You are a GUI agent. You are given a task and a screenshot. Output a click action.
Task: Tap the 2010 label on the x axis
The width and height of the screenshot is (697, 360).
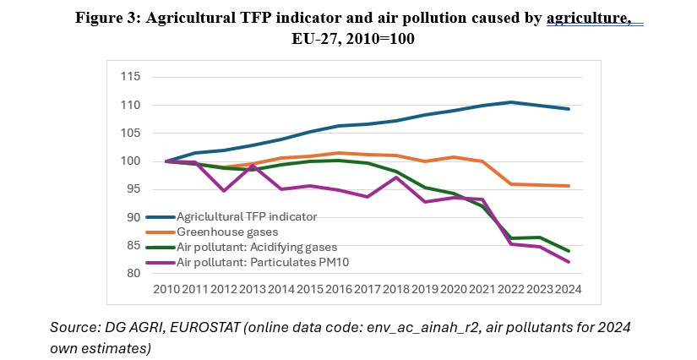165,289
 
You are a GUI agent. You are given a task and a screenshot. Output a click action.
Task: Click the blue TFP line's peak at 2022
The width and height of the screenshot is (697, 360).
509,102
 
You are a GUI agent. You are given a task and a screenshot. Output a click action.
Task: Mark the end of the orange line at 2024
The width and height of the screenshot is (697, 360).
568,186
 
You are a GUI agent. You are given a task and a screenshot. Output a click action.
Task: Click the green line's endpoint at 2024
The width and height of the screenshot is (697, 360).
568,251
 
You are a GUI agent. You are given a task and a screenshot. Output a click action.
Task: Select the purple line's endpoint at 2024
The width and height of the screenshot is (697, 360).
568,262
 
